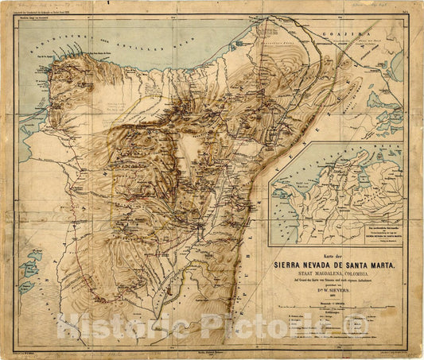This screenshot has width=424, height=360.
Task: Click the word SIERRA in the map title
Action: [292, 266]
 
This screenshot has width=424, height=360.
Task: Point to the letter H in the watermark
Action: [66, 326]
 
